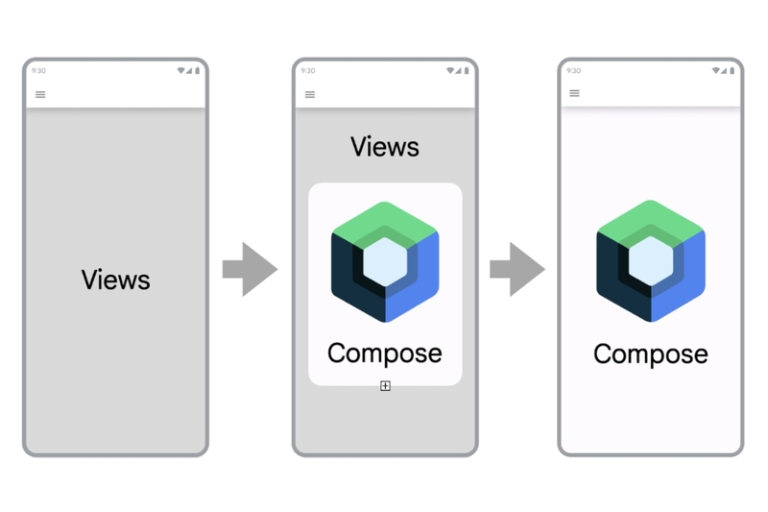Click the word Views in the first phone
tap(115, 280)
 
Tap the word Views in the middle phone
tap(385, 147)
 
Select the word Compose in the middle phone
tap(385, 354)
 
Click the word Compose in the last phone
tap(651, 354)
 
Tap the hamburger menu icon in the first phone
tap(40, 94)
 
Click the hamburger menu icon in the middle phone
tap(309, 94)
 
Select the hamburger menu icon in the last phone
tap(574, 93)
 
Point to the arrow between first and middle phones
tap(250, 269)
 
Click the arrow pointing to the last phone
tap(517, 269)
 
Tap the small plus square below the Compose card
tap(386, 386)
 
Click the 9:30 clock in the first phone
tap(38, 70)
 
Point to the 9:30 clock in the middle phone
tap(308, 70)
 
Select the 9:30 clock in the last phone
tap(573, 70)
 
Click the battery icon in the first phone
tap(198, 70)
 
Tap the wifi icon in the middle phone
tap(450, 70)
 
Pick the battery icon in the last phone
tap(732, 70)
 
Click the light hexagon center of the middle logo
tap(385, 261)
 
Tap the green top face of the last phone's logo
tap(651, 215)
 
